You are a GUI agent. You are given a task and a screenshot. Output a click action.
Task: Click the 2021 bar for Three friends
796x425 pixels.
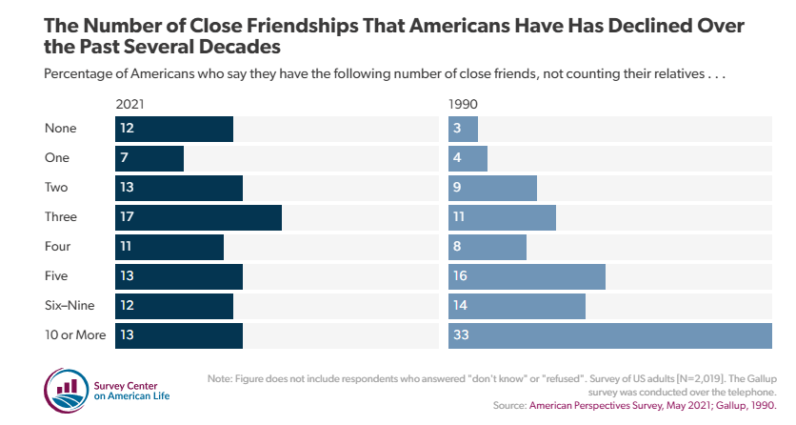point(198,217)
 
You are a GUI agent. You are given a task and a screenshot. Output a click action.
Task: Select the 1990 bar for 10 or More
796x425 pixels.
point(609,335)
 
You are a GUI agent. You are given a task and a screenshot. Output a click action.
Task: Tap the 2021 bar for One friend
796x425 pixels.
point(149,158)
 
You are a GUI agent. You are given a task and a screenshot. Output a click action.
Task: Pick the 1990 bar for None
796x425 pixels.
point(464,129)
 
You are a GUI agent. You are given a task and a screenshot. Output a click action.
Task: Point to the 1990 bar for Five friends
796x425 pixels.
point(527,276)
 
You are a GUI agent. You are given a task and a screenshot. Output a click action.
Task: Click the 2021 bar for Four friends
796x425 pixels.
point(169,247)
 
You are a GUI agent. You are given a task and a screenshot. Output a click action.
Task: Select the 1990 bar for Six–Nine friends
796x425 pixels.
point(517,306)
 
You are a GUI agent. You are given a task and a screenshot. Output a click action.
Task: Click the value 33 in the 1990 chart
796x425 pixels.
point(462,335)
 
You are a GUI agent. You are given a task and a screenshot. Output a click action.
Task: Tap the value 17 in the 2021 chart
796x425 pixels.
point(127,217)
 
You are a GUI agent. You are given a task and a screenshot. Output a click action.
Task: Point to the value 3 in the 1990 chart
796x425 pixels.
point(458,129)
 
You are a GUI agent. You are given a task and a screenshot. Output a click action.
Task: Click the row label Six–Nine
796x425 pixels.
point(70,306)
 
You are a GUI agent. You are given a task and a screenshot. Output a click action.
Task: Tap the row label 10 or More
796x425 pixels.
point(76,335)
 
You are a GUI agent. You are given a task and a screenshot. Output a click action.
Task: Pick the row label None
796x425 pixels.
point(61,129)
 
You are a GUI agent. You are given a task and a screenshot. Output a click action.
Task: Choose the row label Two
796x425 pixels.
point(57,188)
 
